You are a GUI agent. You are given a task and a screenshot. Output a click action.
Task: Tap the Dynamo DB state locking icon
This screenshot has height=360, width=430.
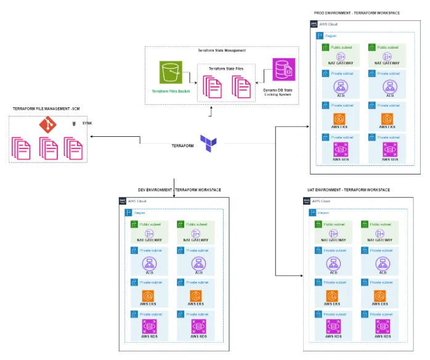(x=284, y=70)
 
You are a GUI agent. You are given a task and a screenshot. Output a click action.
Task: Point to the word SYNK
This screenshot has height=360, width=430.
(x=87, y=123)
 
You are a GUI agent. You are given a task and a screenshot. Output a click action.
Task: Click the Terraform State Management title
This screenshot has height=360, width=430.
(x=222, y=50)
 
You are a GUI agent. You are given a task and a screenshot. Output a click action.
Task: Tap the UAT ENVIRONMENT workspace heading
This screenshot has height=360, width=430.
(x=357, y=190)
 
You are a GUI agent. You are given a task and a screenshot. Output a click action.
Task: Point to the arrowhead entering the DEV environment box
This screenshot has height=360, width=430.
(x=174, y=196)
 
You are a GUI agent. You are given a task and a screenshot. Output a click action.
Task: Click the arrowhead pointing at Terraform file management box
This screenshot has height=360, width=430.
(x=90, y=144)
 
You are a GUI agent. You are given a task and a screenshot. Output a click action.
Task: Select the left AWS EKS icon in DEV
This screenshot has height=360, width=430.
(x=148, y=295)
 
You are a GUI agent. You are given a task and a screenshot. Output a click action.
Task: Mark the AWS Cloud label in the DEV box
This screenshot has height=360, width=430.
(x=138, y=202)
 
